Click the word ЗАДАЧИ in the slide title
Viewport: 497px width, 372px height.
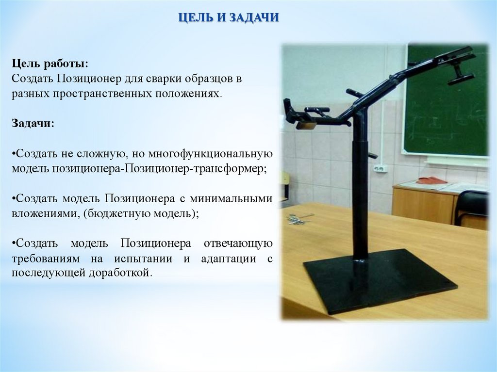[x=254, y=17]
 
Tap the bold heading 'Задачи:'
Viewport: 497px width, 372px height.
[x=33, y=124]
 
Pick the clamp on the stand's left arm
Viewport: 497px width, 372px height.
[x=299, y=115]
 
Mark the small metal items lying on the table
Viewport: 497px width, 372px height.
[x=298, y=219]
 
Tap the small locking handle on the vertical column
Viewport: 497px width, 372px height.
[x=371, y=156]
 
